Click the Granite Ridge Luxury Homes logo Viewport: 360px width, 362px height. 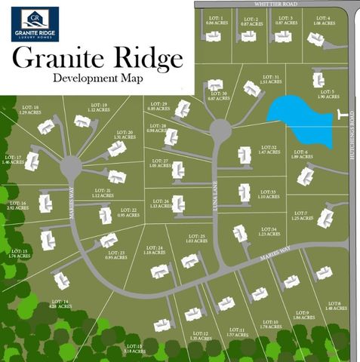(x=35, y=23)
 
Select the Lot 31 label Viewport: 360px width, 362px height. (x=271, y=79)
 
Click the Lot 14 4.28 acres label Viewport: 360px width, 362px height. (x=61, y=304)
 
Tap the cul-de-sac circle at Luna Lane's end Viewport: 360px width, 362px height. (x=220, y=130)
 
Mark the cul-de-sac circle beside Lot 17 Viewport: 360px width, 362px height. (x=72, y=165)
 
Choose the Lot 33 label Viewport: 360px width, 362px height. (x=268, y=195)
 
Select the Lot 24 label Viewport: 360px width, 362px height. (x=154, y=250)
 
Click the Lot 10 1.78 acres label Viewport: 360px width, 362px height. (x=270, y=324)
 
